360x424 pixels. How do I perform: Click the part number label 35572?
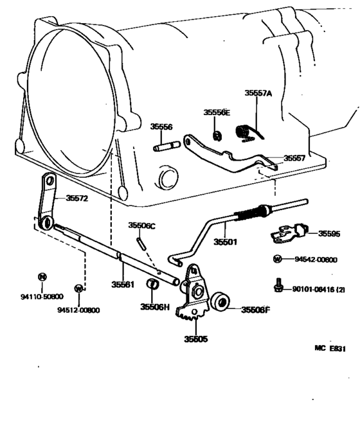(x=76, y=199)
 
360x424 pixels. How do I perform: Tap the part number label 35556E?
(x=217, y=112)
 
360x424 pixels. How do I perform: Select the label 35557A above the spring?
(x=258, y=93)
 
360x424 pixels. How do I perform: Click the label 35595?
(x=332, y=234)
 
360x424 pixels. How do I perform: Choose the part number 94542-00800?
(x=315, y=260)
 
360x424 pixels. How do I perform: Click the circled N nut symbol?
(x=42, y=278)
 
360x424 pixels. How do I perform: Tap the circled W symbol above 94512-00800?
(x=78, y=288)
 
